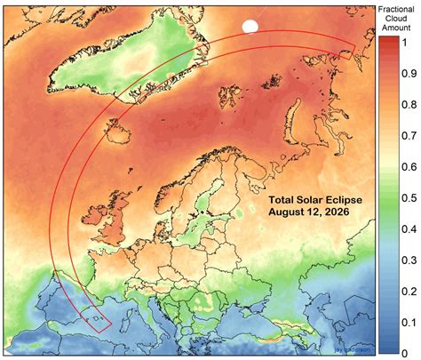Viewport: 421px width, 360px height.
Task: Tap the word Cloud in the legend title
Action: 395,18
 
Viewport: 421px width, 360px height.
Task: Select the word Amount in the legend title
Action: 395,28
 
